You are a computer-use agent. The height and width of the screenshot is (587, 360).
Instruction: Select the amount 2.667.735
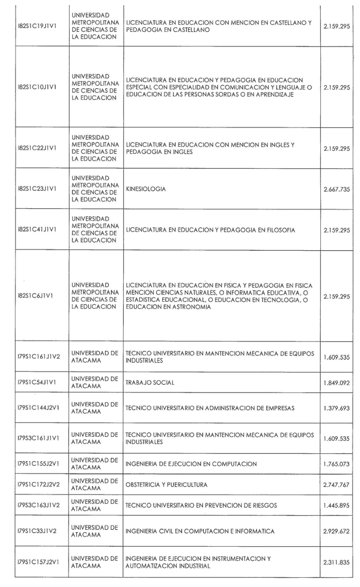point(337,189)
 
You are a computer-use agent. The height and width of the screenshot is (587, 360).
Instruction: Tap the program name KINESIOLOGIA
point(146,189)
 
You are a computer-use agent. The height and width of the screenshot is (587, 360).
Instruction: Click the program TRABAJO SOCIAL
point(150,382)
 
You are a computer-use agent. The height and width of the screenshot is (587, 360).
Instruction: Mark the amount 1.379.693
point(337,409)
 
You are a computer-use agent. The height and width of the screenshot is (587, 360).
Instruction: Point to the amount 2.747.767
point(337,484)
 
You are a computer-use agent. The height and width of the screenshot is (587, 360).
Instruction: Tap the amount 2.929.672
point(337,531)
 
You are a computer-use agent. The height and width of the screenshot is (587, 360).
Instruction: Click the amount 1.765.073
point(337,464)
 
